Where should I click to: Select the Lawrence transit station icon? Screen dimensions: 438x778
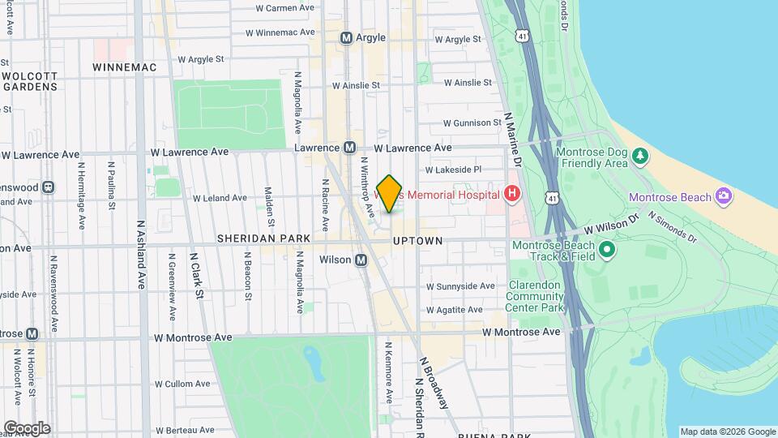pyautogui.click(x=349, y=148)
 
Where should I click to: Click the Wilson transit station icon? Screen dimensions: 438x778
pyautogui.click(x=361, y=260)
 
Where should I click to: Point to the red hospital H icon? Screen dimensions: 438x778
pyautogui.click(x=511, y=194)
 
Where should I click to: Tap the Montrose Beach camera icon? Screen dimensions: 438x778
pyautogui.click(x=724, y=196)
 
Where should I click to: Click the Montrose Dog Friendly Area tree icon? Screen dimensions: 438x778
pyautogui.click(x=640, y=154)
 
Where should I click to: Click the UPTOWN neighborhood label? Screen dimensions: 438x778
pyautogui.click(x=417, y=242)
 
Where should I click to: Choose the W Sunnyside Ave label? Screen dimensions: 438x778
pyautogui.click(x=461, y=286)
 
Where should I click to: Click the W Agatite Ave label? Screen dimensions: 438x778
pyautogui.click(x=455, y=310)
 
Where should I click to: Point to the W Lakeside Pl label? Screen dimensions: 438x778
pyautogui.click(x=453, y=170)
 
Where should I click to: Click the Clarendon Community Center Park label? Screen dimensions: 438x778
pyautogui.click(x=535, y=297)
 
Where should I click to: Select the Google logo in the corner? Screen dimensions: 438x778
pyautogui.click(x=26, y=428)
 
